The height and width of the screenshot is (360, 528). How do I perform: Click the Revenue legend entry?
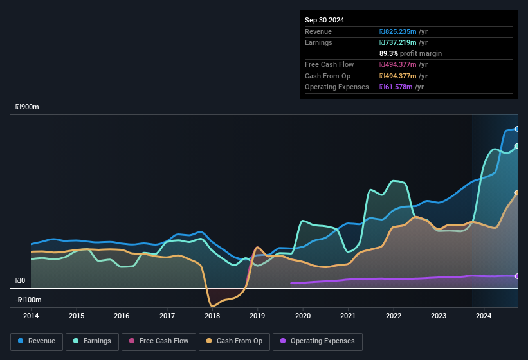(x=37, y=341)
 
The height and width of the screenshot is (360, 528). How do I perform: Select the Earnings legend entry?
(x=92, y=341)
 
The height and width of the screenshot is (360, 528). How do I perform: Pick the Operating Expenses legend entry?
(x=318, y=341)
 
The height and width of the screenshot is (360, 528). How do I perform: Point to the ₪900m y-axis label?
(x=28, y=107)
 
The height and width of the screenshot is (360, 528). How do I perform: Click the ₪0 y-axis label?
(x=21, y=281)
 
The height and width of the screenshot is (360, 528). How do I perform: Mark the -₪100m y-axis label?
(x=29, y=300)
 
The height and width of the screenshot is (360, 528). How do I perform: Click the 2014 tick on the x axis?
(x=31, y=316)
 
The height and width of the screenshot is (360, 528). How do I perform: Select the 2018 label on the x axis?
(x=212, y=316)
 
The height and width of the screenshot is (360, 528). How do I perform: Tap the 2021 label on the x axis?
(x=348, y=316)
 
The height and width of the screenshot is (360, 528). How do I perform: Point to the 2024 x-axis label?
(x=484, y=316)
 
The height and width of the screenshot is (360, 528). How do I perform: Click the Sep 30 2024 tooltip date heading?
(x=324, y=20)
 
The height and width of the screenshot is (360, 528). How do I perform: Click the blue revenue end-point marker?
(x=517, y=129)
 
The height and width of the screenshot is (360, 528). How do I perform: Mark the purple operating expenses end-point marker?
(x=517, y=276)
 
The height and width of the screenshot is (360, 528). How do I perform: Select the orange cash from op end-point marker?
(x=517, y=193)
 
